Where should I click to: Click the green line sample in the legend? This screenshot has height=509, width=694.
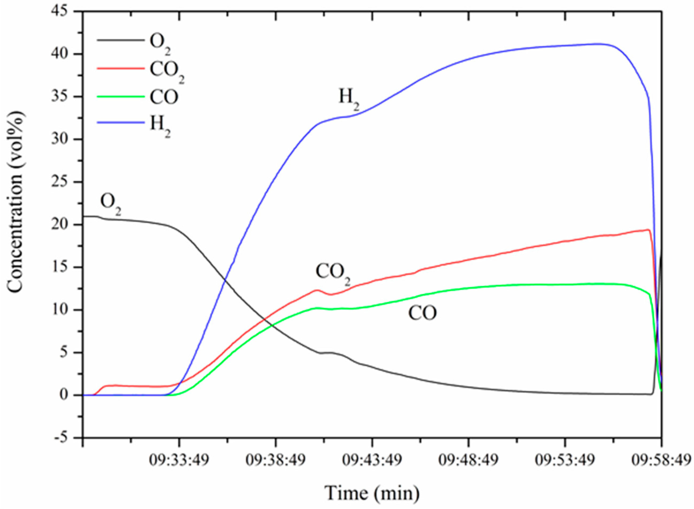[x=121, y=97]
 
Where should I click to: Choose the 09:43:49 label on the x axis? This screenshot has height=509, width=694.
[x=372, y=461]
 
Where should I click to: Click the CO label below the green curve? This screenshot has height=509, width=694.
[x=422, y=313]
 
